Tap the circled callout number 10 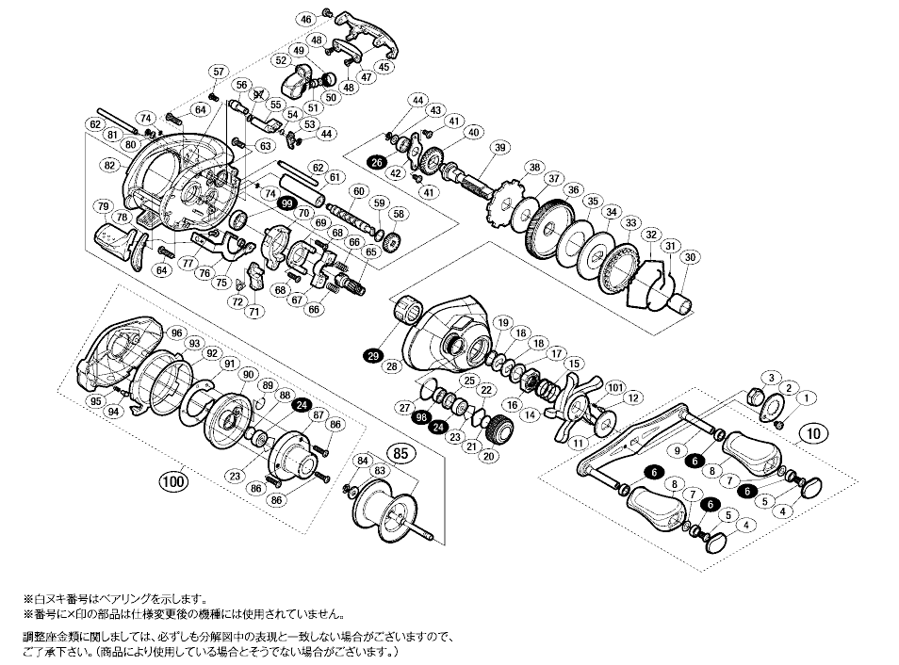click(x=811, y=433)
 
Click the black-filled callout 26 click(x=377, y=163)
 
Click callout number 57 click(x=219, y=72)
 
